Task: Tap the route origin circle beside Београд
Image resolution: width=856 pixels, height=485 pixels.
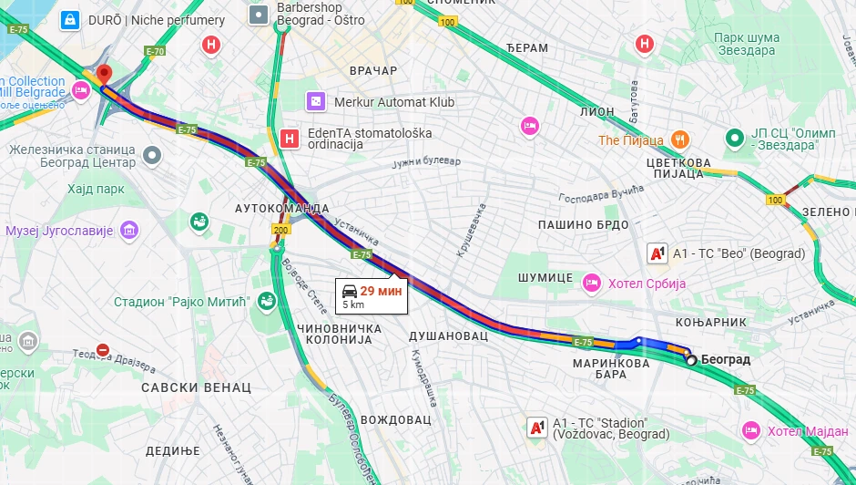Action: point(691,360)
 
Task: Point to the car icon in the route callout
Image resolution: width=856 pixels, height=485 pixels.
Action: point(350,292)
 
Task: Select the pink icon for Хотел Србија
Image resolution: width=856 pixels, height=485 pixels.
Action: point(592,284)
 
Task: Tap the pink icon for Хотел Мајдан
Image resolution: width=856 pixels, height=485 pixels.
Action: point(751,429)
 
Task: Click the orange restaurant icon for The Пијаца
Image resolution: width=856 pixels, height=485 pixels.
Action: point(678,139)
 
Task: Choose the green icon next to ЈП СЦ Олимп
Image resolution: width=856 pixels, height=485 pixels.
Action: point(735,139)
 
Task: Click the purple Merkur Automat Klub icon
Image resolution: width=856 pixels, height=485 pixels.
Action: point(315,102)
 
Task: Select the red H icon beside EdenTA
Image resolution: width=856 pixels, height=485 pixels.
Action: point(290,139)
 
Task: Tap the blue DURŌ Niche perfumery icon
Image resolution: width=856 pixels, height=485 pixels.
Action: point(68,19)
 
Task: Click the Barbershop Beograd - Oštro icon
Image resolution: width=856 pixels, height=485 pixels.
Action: point(260,13)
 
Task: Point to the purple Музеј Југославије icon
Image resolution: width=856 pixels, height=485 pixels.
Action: point(129,230)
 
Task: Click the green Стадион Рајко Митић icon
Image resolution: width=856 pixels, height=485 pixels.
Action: point(266,301)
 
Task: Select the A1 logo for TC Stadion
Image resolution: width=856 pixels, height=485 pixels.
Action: point(537,427)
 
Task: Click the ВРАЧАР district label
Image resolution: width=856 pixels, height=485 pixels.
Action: point(372,70)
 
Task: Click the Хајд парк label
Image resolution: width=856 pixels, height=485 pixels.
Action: point(95,189)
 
